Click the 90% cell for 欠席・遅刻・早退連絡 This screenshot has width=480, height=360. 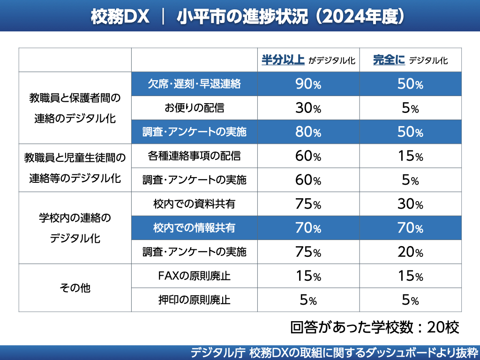point(308,84)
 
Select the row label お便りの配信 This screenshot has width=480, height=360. point(194,108)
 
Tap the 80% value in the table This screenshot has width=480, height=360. point(308,132)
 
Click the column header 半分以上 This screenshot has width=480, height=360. point(283,60)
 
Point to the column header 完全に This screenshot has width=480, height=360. point(389,60)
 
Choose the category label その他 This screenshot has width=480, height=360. point(75,288)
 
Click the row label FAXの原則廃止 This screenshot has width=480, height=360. point(194,276)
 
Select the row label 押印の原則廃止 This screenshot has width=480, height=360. point(194,300)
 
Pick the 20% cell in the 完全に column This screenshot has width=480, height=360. point(410,252)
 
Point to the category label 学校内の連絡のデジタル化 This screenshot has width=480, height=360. point(75,228)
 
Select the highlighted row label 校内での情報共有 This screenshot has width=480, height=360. point(194,228)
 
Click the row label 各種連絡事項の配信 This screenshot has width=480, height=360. point(194,156)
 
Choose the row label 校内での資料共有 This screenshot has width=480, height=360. point(194,204)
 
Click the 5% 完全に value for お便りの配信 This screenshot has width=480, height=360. point(410,108)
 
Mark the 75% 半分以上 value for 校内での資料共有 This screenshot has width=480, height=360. point(308,204)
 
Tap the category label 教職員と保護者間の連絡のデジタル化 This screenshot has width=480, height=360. point(75,108)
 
